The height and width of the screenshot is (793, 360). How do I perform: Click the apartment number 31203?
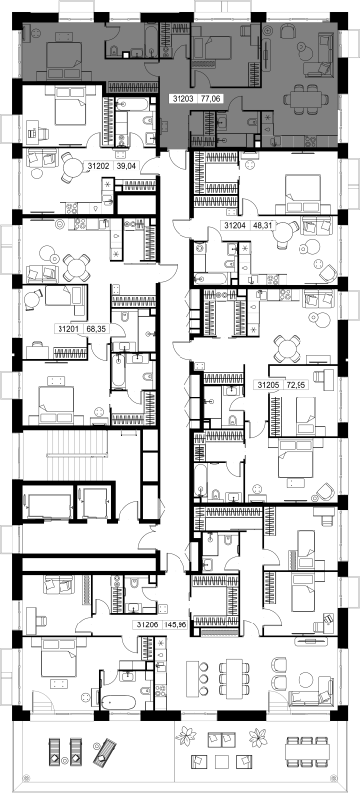[183, 100]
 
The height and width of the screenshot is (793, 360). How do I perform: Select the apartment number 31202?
[99, 165]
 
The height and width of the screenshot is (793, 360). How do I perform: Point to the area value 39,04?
[125, 165]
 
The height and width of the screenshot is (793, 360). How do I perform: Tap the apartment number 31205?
[269, 385]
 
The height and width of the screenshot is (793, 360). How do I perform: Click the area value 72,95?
[295, 385]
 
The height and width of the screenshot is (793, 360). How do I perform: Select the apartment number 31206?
[147, 624]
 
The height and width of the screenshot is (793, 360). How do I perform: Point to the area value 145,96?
[176, 624]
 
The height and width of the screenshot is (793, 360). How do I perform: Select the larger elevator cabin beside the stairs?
[50, 506]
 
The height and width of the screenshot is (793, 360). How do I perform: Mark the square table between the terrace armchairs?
[223, 761]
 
